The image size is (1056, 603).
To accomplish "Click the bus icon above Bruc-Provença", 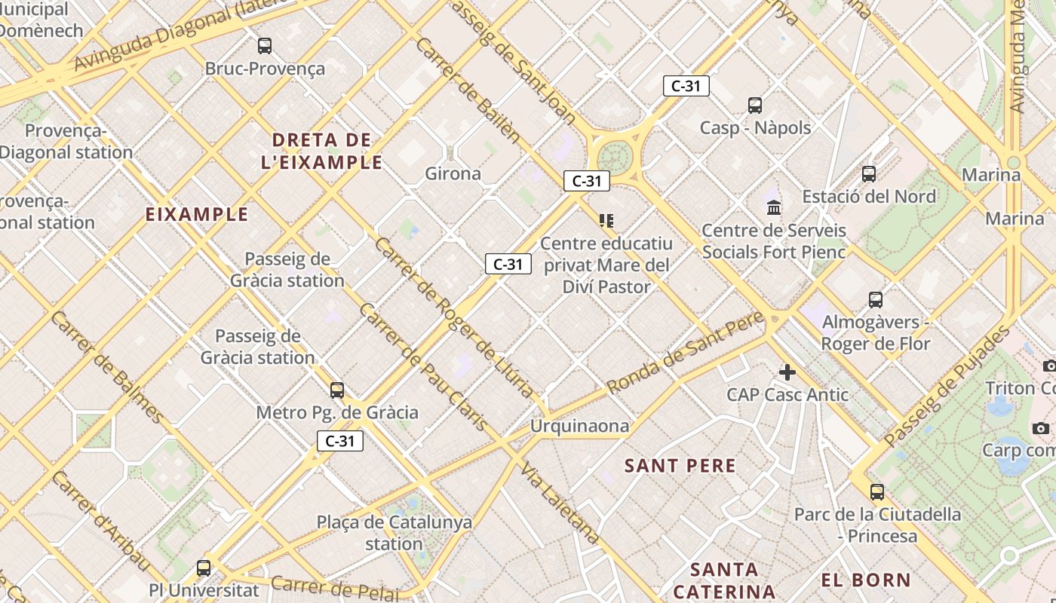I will [265, 46].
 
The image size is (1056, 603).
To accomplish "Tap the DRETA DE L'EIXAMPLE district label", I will [321, 151].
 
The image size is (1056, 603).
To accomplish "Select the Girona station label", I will [453, 173].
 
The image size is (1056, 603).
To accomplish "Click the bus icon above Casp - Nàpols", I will [755, 106].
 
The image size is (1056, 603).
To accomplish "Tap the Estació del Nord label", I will [869, 197].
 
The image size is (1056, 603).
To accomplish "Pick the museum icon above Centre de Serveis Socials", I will [774, 207].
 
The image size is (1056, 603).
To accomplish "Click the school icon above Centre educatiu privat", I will [606, 221].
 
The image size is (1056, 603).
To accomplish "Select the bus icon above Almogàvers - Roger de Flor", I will [876, 300].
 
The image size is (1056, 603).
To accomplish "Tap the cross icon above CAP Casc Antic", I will [787, 372].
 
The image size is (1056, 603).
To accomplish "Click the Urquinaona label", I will [579, 426].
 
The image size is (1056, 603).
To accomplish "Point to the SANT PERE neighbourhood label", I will [680, 466].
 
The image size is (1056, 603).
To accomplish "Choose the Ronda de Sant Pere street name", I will [685, 352].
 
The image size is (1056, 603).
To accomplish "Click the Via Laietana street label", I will [560, 503].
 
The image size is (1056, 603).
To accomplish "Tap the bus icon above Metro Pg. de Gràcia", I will [337, 390].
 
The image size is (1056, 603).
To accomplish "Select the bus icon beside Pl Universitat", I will [204, 568].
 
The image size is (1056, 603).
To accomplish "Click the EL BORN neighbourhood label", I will [866, 580].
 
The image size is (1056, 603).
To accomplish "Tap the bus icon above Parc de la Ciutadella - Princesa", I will [876, 493].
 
